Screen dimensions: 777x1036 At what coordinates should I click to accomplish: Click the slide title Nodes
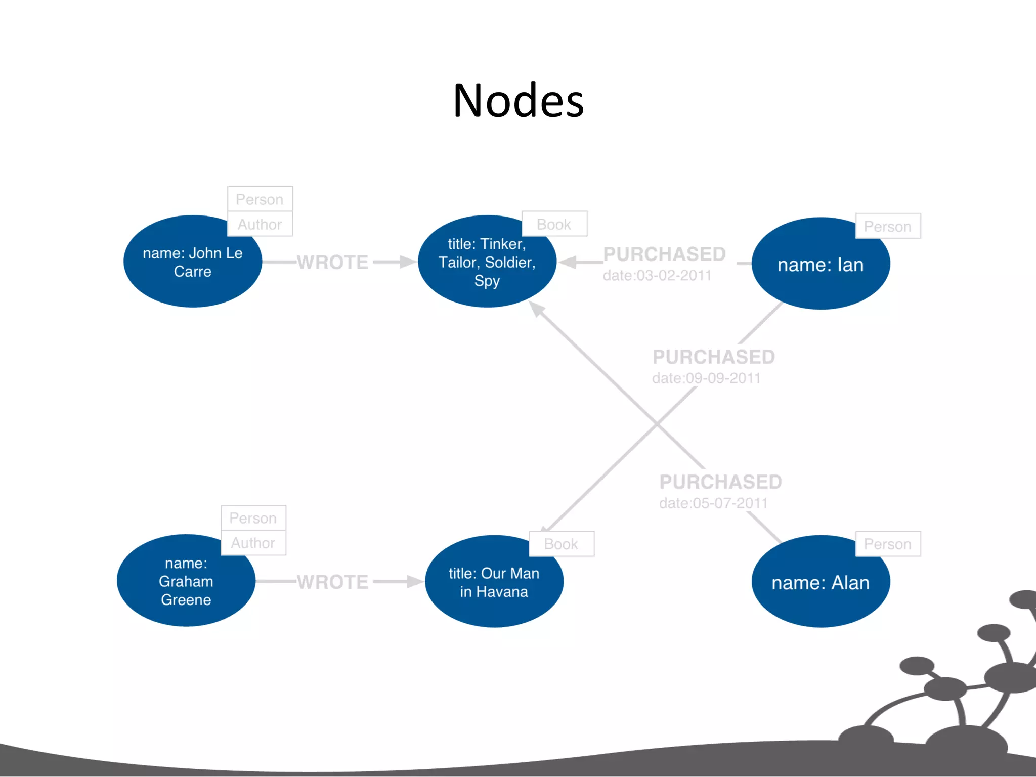pyautogui.click(x=518, y=101)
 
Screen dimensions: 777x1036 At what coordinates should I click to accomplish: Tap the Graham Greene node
pyautogui.click(x=186, y=582)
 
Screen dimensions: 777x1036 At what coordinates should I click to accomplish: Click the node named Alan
pyautogui.click(x=821, y=583)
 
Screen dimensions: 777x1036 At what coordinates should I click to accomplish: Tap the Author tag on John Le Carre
pyautogui.click(x=260, y=224)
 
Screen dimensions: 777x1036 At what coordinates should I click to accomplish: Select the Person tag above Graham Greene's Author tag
pyautogui.click(x=253, y=518)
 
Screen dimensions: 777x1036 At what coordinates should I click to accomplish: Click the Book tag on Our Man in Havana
pyautogui.click(x=561, y=544)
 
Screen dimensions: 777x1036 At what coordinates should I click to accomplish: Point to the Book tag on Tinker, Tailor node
pyautogui.click(x=554, y=224)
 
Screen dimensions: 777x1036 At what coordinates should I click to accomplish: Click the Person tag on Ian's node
pyautogui.click(x=887, y=226)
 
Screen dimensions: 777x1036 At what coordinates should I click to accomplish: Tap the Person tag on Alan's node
pyautogui.click(x=887, y=544)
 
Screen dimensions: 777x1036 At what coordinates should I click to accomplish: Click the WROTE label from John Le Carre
pyautogui.click(x=332, y=262)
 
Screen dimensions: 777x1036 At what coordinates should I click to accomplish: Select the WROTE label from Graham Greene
pyautogui.click(x=332, y=582)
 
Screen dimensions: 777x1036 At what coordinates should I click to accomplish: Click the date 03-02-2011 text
pyautogui.click(x=657, y=276)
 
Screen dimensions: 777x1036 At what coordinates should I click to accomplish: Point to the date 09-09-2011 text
pyautogui.click(x=706, y=378)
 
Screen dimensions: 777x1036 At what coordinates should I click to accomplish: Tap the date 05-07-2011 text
pyautogui.click(x=713, y=503)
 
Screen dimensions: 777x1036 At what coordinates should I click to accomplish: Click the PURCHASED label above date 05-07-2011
pyautogui.click(x=720, y=482)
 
